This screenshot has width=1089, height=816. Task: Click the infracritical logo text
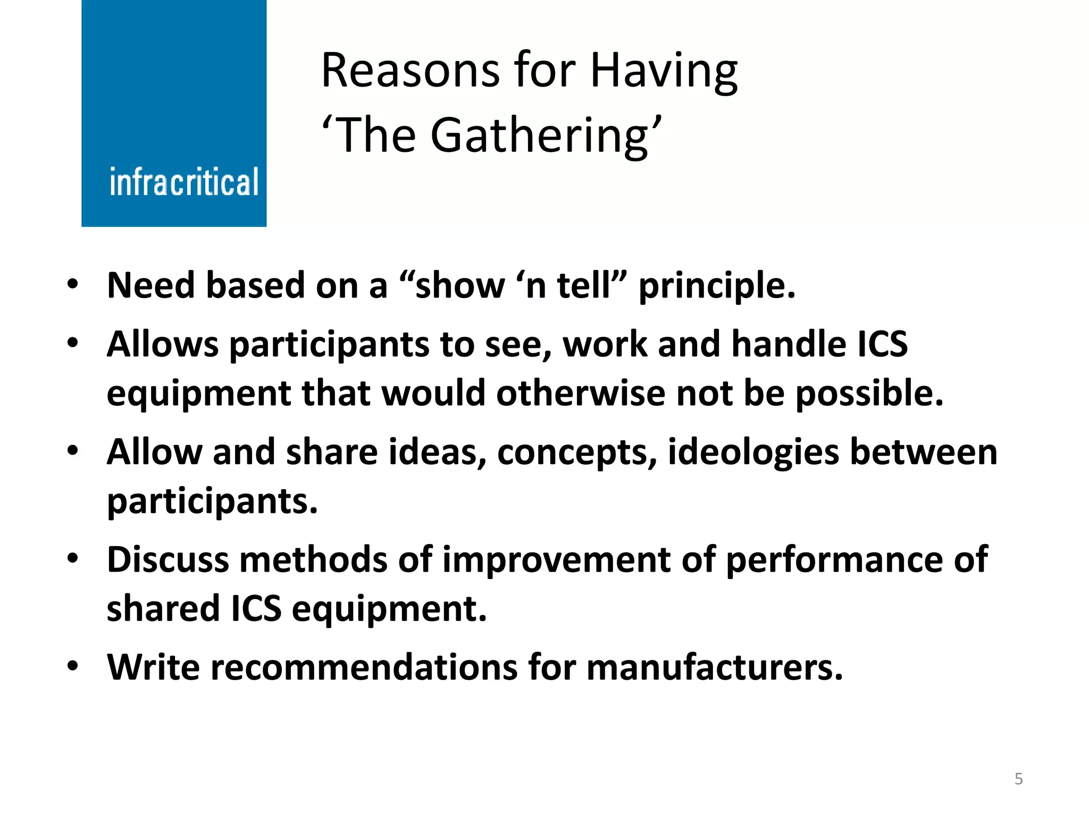click(x=184, y=182)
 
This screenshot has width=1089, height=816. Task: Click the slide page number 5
click(x=1018, y=779)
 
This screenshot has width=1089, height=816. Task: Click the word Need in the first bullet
click(x=151, y=285)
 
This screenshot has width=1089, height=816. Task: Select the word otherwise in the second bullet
click(x=581, y=393)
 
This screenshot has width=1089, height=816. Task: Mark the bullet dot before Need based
click(x=73, y=283)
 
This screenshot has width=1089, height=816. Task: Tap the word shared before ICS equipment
click(x=163, y=608)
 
